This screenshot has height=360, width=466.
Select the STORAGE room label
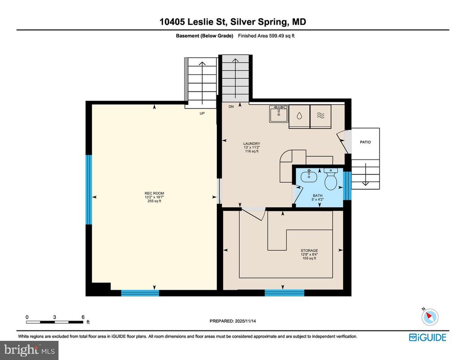click(x=309, y=251)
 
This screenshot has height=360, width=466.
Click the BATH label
click(x=318, y=195)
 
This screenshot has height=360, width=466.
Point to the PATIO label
click(x=365, y=142)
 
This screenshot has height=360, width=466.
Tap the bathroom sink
click(x=309, y=176)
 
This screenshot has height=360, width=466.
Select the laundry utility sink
click(x=278, y=114)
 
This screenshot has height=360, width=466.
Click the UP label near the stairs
click(x=202, y=113)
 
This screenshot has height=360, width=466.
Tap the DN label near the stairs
click(x=231, y=107)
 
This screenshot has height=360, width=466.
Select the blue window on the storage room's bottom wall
click(x=284, y=293)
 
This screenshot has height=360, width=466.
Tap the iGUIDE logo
click(x=427, y=337)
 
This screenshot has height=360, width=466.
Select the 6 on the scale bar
click(x=83, y=317)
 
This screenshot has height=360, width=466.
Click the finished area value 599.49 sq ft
click(x=279, y=36)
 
